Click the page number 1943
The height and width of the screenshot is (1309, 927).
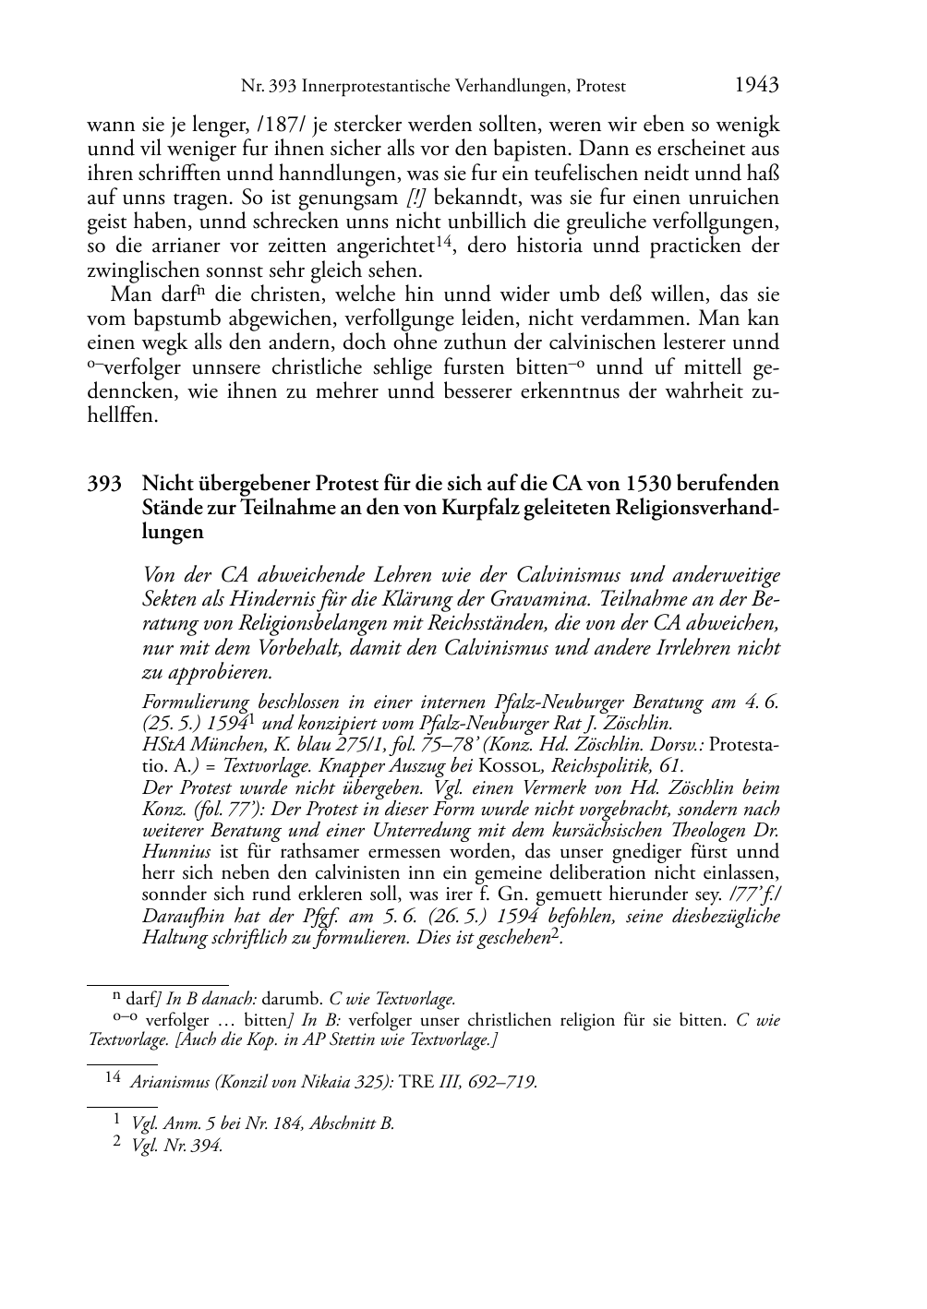756,85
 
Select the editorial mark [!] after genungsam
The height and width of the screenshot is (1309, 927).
415,198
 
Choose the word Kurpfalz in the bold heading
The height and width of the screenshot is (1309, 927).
469,508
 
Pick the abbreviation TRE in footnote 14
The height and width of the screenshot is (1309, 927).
416,1082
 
